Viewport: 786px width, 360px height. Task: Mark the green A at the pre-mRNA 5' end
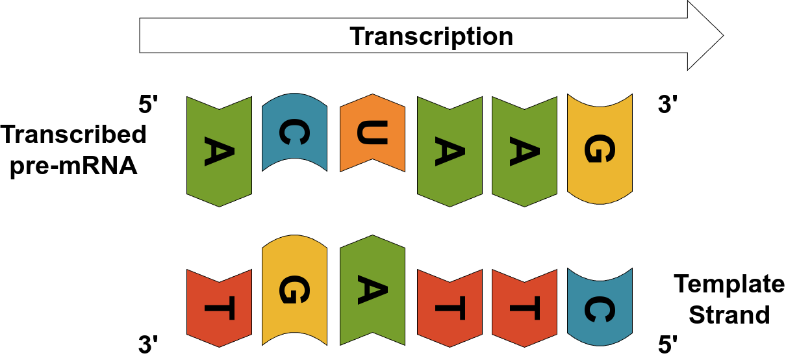point(219,151)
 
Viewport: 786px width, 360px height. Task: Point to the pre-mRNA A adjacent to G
point(524,151)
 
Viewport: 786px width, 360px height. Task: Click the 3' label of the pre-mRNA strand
point(668,105)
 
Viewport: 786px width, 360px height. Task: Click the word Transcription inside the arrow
point(431,36)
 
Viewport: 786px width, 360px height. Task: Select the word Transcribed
point(73,135)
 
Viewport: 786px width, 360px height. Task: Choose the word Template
point(729,285)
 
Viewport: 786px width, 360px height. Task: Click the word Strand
point(729,315)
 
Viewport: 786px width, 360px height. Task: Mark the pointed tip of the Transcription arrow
point(722,35)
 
